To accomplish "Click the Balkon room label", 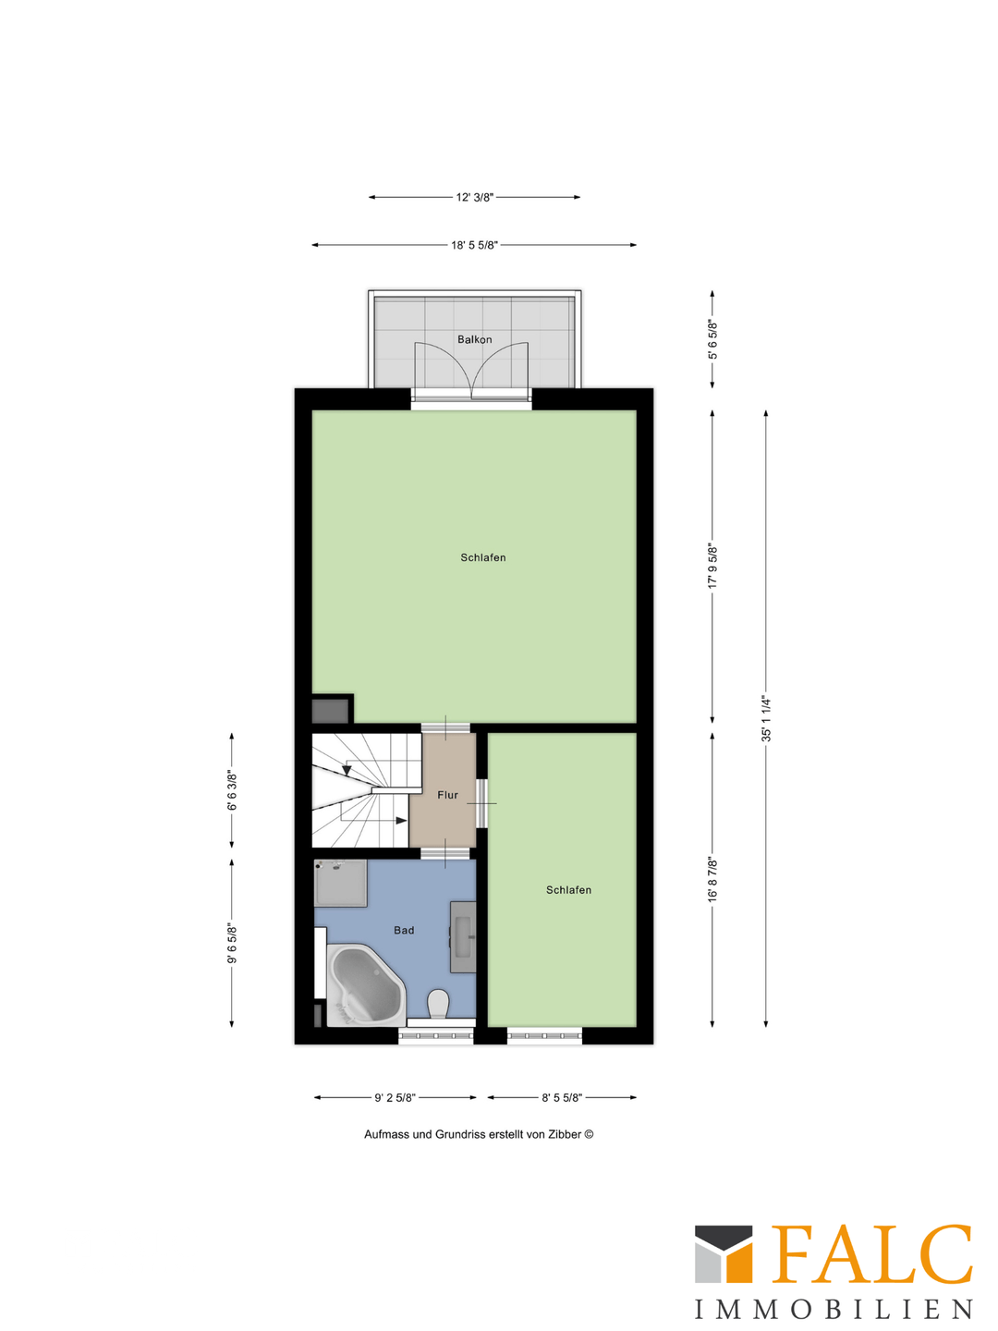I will pos(474,340).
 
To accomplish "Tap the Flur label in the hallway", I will pos(447,795).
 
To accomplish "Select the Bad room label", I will pos(404,931).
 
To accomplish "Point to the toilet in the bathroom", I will pos(438,1004).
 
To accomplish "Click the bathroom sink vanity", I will pos(463,936).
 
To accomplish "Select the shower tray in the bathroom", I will pos(340,883).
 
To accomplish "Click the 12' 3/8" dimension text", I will pos(474,197).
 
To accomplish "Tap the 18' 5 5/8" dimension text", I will pos(474,245).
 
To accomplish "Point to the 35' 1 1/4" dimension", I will pos(765,718).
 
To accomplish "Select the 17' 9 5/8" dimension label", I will pos(712,566).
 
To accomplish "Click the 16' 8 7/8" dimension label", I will pos(712,879).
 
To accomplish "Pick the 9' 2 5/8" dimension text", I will pos(395,1098).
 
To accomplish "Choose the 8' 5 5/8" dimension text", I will pos(562,1098).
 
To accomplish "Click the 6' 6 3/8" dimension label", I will pos(232,791).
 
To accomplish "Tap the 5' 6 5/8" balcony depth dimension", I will pos(712,339).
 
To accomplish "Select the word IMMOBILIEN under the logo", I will pos(834,1310).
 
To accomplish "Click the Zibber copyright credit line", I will pos(479,1134).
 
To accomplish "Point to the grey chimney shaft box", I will pos(330,711).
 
